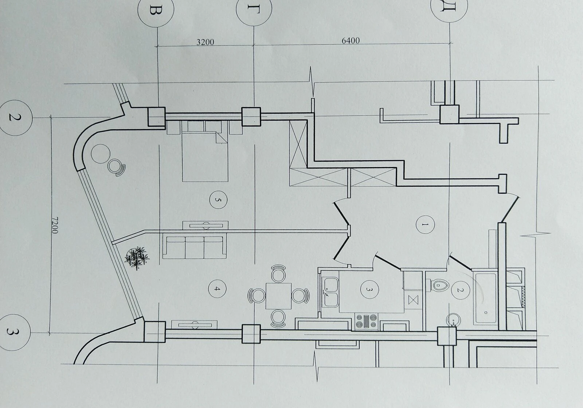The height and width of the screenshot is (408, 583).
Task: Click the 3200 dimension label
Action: tap(205, 42)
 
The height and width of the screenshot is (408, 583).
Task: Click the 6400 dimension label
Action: tap(351, 40)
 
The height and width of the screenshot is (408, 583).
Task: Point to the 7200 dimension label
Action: tap(55, 225)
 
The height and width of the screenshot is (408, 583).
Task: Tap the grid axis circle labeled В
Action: tap(156, 9)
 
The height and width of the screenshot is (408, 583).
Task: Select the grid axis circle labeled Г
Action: tap(254, 9)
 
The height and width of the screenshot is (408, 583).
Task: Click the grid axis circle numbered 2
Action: tap(15, 118)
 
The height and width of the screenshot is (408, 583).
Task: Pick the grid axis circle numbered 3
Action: tap(13, 332)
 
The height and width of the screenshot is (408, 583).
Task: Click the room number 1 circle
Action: tap(425, 224)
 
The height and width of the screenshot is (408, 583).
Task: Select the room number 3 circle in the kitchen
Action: tap(369, 289)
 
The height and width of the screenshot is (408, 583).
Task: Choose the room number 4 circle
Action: tap(217, 289)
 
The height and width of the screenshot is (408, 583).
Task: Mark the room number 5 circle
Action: tap(218, 200)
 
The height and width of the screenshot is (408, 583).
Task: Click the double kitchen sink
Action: tap(330, 292)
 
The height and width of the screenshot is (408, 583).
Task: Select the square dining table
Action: tap(278, 296)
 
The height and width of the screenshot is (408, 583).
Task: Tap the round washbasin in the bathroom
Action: tap(453, 320)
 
